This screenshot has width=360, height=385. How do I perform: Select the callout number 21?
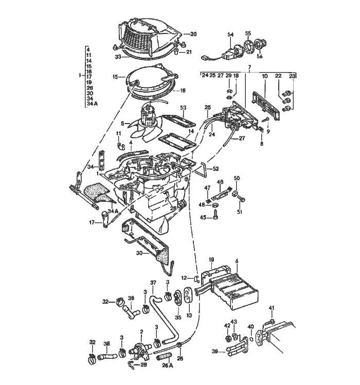click(189, 52)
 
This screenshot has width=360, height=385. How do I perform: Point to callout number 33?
click(118, 56)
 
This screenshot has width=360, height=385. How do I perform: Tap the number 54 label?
click(231, 34)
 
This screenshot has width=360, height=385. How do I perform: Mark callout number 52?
click(217, 168)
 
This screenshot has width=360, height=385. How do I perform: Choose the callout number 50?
click(237, 178)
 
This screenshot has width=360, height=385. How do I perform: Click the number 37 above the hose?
click(152, 283)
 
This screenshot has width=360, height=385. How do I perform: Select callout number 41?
click(272, 308)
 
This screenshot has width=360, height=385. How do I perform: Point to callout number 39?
click(215, 352)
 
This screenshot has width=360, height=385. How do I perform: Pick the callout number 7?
click(249, 67)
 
